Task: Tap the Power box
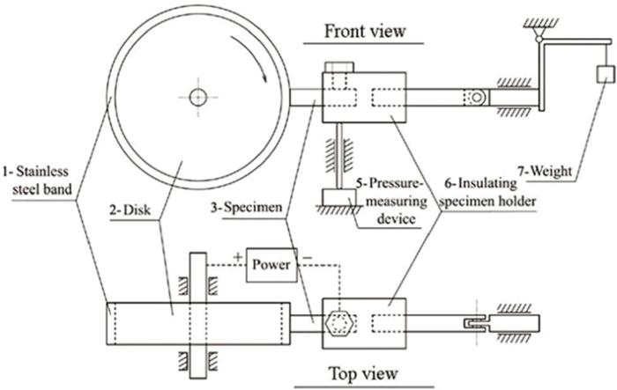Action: (271, 264)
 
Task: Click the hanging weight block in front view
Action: (606, 76)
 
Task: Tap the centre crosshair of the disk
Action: (196, 94)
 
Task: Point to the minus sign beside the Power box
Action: (307, 257)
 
